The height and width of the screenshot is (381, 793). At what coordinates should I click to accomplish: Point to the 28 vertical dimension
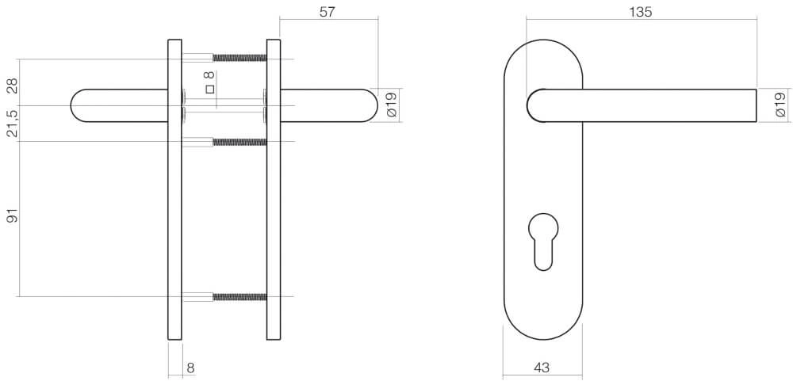coord(12,86)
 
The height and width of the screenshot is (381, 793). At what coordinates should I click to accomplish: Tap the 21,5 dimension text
coord(12,124)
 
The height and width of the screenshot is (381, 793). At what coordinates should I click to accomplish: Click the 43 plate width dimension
coord(542,368)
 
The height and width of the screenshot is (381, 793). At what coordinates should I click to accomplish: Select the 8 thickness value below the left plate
coord(190,368)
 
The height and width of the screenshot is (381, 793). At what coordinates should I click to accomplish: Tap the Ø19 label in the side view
coord(389,105)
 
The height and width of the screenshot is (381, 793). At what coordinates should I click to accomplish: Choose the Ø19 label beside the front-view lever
coord(780,105)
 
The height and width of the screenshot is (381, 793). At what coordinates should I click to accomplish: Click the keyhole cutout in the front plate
coord(543,238)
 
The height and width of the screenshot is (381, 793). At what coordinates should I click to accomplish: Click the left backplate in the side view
coord(175,190)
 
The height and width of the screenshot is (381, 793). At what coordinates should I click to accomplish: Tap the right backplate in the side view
coord(274,190)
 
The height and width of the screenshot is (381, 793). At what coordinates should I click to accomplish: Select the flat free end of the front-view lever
coord(754,105)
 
